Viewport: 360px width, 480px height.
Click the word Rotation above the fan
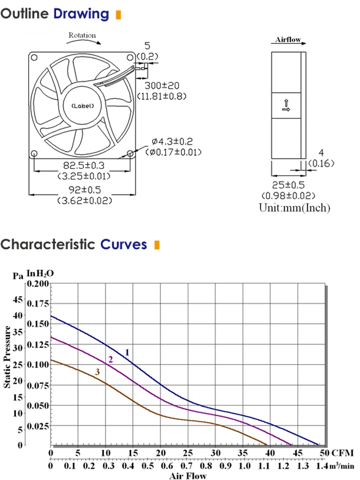pos(82,36)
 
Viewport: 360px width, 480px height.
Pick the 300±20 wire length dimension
pos(162,85)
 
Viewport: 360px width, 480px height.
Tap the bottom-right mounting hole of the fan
pos(131,154)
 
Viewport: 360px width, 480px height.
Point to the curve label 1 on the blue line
pos(127,352)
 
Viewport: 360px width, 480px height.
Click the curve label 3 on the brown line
pos(97,372)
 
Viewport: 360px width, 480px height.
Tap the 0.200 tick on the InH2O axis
pos(38,284)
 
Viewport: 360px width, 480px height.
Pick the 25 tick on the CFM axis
pos(188,453)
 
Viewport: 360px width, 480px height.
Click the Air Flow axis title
pos(188,476)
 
